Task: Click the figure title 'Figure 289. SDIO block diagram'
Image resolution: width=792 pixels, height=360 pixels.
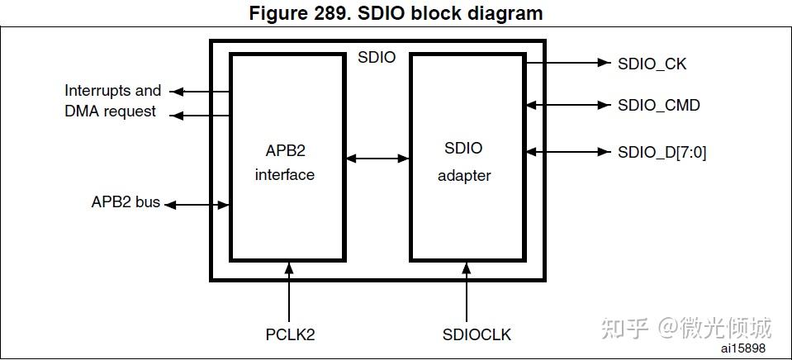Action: (x=396, y=12)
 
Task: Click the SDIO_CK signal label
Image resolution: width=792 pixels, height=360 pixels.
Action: (x=652, y=63)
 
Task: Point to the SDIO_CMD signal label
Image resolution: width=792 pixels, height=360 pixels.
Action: (x=658, y=105)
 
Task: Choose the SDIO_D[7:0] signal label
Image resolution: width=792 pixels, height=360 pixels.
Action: (x=662, y=152)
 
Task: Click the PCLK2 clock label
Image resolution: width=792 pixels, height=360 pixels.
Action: (x=290, y=334)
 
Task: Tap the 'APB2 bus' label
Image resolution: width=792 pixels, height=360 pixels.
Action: (x=126, y=202)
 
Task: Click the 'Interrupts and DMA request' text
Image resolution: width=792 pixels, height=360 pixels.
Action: (x=112, y=101)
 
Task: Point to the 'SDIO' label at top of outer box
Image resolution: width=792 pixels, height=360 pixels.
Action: (x=377, y=58)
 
